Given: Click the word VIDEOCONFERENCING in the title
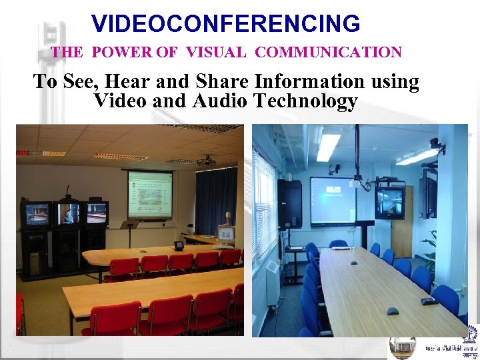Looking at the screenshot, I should click(x=226, y=24).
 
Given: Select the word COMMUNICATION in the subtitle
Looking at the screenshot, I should click(x=329, y=52).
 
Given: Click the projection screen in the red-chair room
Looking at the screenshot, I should click(x=150, y=195).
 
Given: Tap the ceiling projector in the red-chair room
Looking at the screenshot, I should click(x=207, y=161).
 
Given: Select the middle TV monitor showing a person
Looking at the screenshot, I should click(x=67, y=214).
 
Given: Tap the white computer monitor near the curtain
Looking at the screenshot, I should click(x=227, y=234).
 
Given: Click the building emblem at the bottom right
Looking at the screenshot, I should click(x=403, y=347).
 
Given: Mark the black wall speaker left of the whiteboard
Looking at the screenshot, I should click(x=289, y=203).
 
